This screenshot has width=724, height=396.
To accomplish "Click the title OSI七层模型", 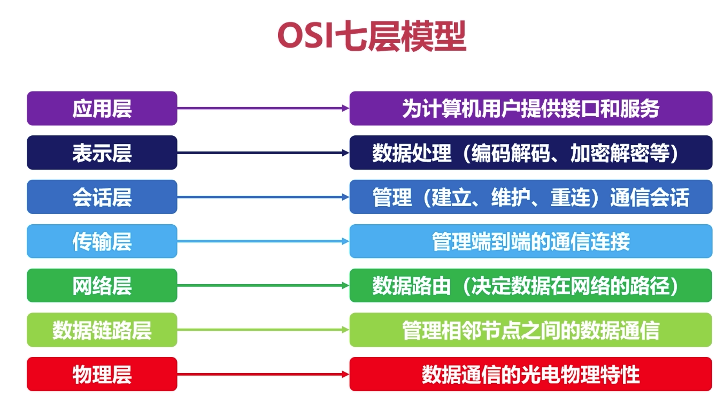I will coord(372,36).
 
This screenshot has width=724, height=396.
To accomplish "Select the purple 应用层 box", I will coord(102,108).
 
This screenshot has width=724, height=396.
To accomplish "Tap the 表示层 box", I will coord(102,153).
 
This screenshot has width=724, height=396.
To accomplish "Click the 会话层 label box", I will coord(102,197).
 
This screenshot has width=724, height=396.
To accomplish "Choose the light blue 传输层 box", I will coord(102,241).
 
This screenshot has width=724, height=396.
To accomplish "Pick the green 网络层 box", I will coord(102,286).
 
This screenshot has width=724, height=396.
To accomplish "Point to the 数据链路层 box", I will coord(102,330).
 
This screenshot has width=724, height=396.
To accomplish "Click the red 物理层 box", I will coord(102,374).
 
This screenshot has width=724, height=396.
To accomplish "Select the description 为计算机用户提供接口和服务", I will coord(530,108).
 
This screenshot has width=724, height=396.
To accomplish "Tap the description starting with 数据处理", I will coord(530,153).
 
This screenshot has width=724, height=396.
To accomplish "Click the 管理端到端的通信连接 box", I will coord(530,241).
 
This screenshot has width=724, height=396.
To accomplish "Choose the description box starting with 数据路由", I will coord(530,286).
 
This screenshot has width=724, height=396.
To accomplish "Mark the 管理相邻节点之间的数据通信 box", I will coord(530,330).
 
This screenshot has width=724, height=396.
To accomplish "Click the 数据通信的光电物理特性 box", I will coord(530,374).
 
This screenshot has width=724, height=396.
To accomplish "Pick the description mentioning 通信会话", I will coord(530,197).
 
